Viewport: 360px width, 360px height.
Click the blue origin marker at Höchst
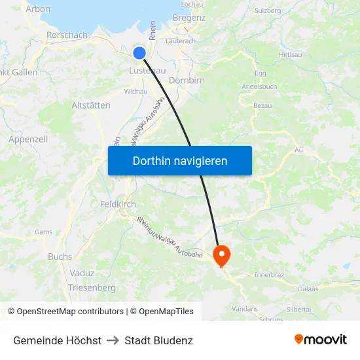point(139,53)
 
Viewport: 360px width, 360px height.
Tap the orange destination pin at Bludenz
point(222,254)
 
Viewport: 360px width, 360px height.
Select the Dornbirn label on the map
point(187,81)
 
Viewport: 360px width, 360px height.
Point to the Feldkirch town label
point(118,204)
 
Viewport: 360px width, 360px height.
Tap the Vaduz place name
point(82,273)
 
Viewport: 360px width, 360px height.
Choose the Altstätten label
point(90,105)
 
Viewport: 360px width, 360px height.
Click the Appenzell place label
point(28,139)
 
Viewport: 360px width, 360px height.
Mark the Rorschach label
point(67,35)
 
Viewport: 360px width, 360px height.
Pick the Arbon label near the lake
point(37,9)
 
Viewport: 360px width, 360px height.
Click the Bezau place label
point(262,105)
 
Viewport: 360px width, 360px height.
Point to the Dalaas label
point(307,288)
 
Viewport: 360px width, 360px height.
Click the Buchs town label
point(60,257)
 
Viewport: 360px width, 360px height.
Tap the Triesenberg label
point(92,287)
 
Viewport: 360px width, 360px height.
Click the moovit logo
point(320,340)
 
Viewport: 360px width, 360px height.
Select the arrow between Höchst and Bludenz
point(113,340)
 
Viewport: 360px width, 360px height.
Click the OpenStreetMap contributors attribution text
point(70,312)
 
